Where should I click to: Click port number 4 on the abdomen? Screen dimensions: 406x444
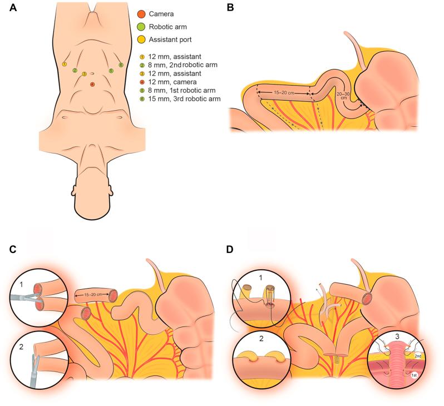tap(92, 84)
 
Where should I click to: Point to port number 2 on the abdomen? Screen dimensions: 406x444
tap(75, 71)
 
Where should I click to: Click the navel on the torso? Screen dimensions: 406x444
tap(92, 73)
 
